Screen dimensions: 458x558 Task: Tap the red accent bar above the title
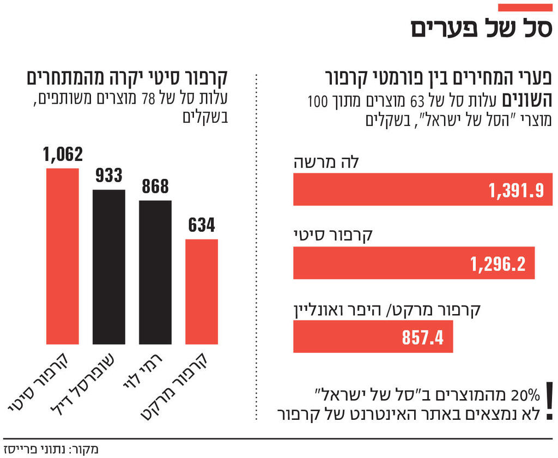click(525, 7)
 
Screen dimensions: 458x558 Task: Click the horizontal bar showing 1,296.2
click(414, 263)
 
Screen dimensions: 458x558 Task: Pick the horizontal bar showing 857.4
click(373, 337)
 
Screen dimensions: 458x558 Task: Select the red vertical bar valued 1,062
click(63, 256)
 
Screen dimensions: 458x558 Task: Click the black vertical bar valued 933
click(109, 267)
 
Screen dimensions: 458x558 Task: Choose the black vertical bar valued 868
click(155, 273)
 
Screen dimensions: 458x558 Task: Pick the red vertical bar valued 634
click(202, 292)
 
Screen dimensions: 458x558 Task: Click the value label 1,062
click(63, 154)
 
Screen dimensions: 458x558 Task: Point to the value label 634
click(202, 225)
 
